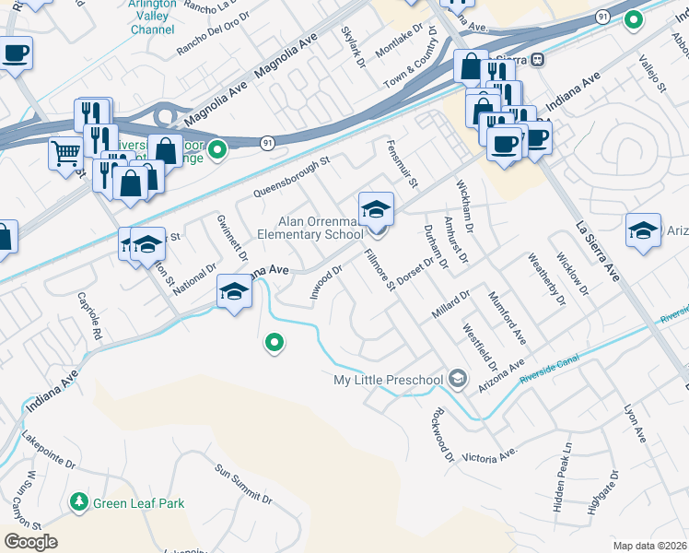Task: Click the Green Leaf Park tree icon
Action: [x=80, y=502]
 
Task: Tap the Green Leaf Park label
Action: [x=138, y=503]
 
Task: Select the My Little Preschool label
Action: [x=388, y=380]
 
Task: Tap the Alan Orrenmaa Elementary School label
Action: [x=322, y=228]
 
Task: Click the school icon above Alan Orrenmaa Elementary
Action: [x=376, y=209]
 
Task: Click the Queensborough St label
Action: [x=291, y=181]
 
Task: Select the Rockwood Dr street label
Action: [x=443, y=433]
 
